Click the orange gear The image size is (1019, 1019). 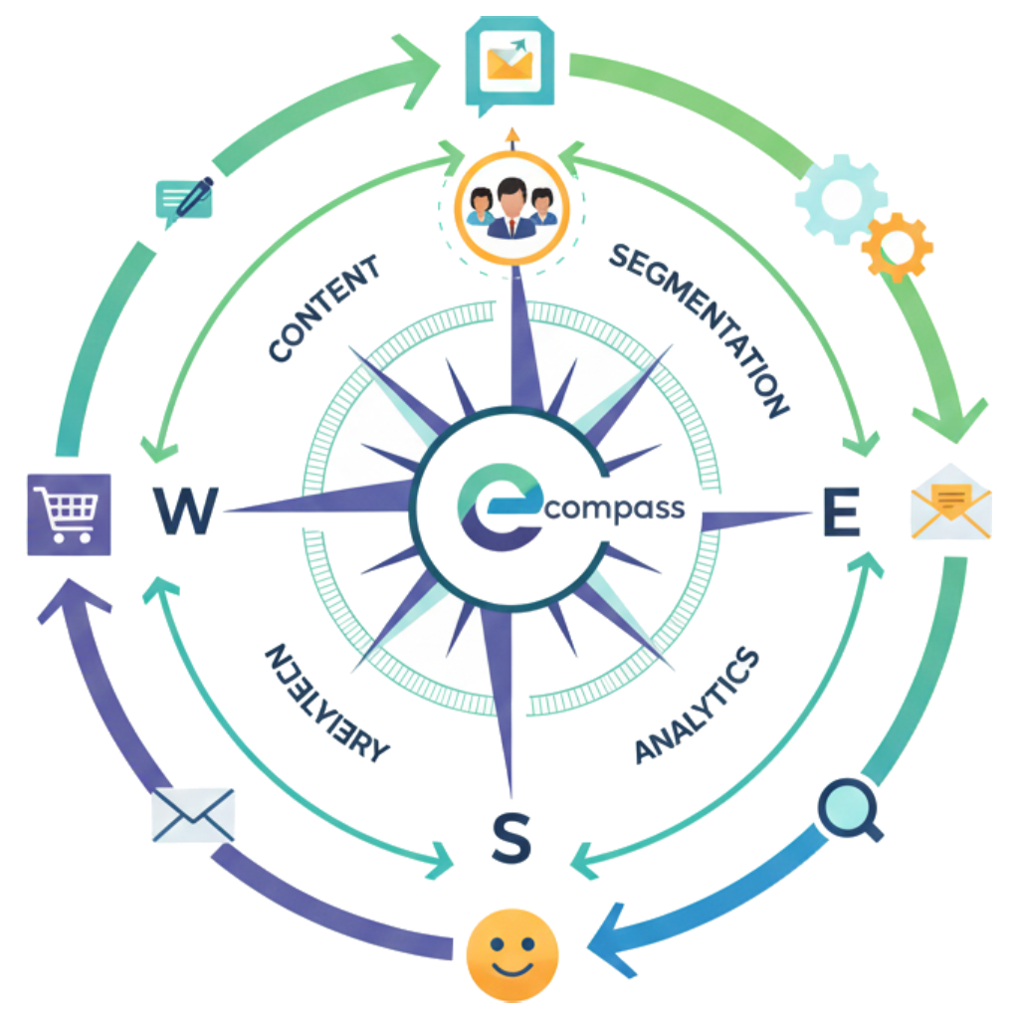[898, 245]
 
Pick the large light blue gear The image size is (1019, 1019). [840, 198]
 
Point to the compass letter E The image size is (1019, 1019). [841, 513]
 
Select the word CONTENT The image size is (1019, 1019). [324, 307]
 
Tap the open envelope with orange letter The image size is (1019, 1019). [950, 502]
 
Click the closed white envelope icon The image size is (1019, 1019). [193, 813]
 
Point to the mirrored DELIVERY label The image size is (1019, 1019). [322, 702]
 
